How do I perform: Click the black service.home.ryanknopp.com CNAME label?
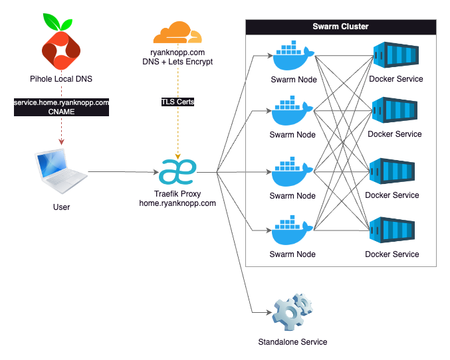click(x=61, y=107)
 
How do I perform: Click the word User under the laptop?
click(x=61, y=207)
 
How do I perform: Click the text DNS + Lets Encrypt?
click(x=177, y=62)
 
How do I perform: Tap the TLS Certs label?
click(x=177, y=102)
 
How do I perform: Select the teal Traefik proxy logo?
click(x=177, y=172)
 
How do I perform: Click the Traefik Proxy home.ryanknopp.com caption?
click(x=177, y=199)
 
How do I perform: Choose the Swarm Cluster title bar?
click(x=340, y=27)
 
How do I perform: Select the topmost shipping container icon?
click(x=395, y=56)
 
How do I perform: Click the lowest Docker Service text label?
click(x=392, y=254)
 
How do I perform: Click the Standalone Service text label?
click(x=292, y=342)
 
